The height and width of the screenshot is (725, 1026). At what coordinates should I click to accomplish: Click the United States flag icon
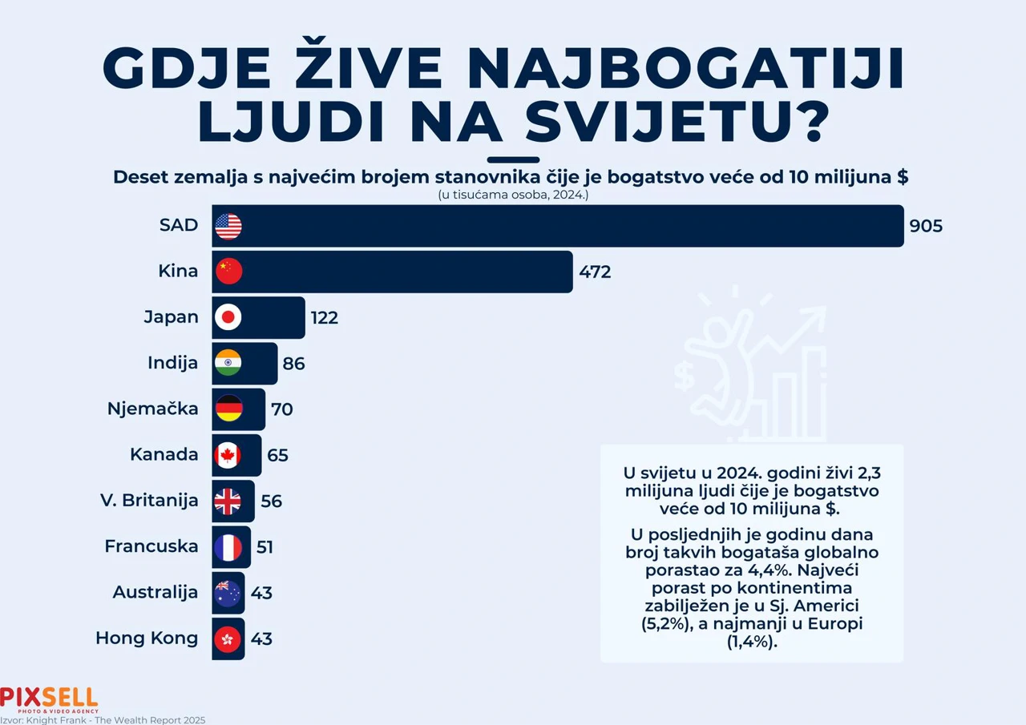point(228,226)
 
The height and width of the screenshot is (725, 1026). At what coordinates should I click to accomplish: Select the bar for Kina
point(393,272)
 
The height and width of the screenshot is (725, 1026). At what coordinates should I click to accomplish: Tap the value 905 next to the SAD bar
point(926,226)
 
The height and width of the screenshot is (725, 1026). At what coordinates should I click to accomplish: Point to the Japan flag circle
point(228,317)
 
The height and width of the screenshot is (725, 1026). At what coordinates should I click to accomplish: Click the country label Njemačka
point(153,409)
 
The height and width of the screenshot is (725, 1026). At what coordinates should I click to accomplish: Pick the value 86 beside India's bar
point(293,364)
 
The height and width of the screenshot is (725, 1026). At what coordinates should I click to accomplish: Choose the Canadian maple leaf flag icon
point(228,455)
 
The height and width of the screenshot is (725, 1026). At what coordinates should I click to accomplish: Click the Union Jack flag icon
point(228,501)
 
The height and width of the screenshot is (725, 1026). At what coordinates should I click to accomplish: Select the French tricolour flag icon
point(228,547)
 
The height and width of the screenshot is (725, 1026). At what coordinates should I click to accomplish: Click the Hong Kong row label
point(147,638)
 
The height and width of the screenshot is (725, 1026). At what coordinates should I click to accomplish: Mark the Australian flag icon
point(228,593)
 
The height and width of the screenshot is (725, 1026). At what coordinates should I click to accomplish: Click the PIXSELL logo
point(49,699)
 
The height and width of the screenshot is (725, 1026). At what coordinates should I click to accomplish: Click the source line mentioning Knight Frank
point(103,719)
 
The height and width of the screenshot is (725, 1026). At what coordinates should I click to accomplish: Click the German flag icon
point(228,409)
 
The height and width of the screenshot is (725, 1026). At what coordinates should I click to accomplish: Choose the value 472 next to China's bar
point(595,272)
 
